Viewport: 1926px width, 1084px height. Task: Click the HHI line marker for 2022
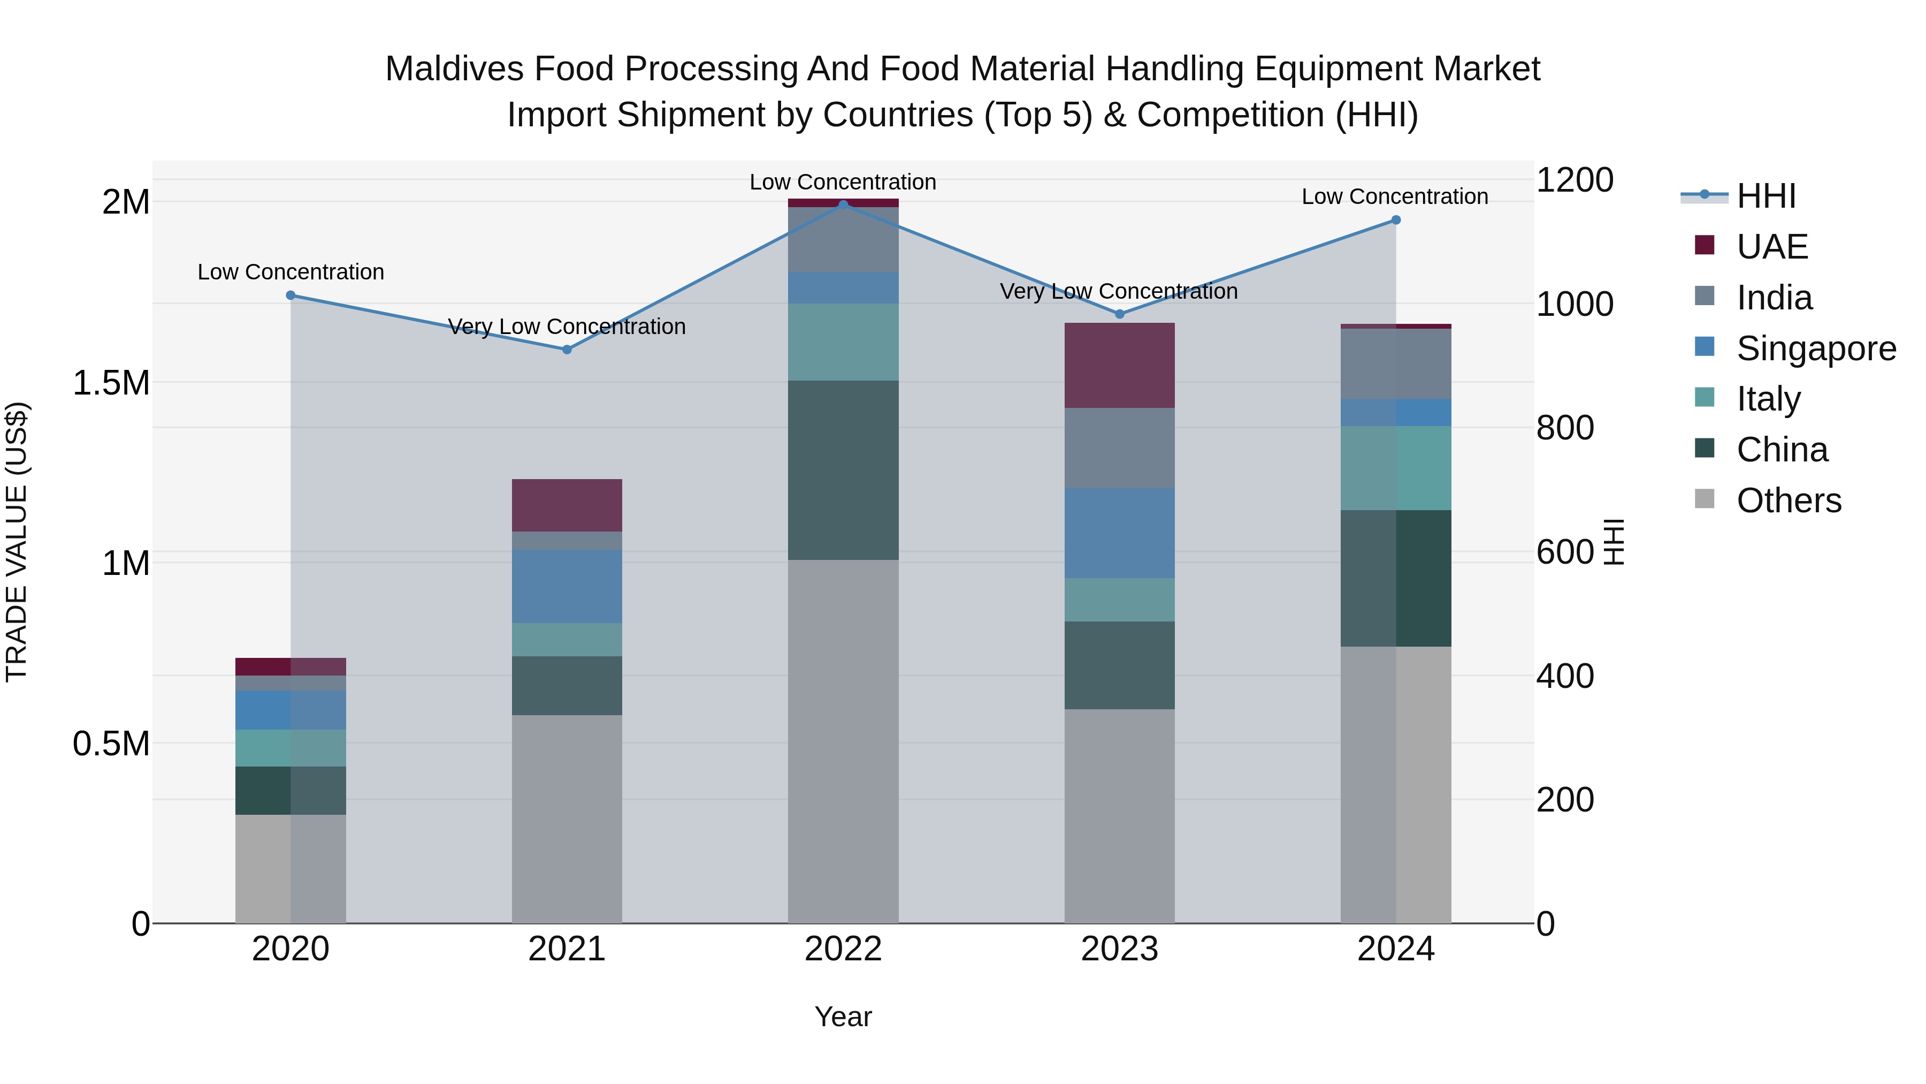pos(843,204)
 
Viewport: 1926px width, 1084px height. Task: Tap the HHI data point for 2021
pos(567,350)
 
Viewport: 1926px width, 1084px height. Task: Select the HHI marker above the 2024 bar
pos(1395,220)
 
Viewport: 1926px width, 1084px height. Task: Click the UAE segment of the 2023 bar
pos(1119,365)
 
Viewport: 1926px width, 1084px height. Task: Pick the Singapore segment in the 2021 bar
pos(567,587)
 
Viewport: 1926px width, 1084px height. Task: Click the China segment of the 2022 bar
pos(843,470)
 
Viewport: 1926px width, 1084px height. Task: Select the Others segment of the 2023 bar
pos(1119,815)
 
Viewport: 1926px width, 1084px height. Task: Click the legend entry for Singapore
pos(1815,348)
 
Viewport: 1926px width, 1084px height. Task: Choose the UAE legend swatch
pos(1704,245)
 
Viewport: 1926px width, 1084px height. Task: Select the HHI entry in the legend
pos(1765,196)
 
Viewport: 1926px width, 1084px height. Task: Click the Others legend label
pos(1789,501)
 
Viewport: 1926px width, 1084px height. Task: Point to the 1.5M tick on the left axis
pos(111,383)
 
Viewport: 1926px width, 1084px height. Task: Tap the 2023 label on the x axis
pos(1119,949)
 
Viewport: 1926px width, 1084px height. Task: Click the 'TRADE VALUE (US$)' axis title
pos(17,542)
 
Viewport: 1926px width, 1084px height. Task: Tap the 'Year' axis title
pos(843,1017)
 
